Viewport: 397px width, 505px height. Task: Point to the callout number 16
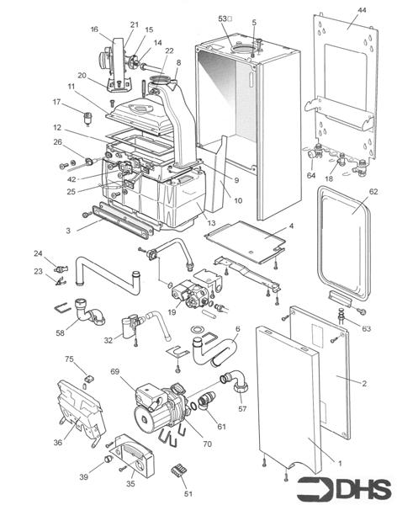point(94,29)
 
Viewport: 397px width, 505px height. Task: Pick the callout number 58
point(60,334)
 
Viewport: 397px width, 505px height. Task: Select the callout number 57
point(243,408)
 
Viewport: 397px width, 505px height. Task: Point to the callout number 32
point(109,340)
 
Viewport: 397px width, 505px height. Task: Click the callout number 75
point(68,359)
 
